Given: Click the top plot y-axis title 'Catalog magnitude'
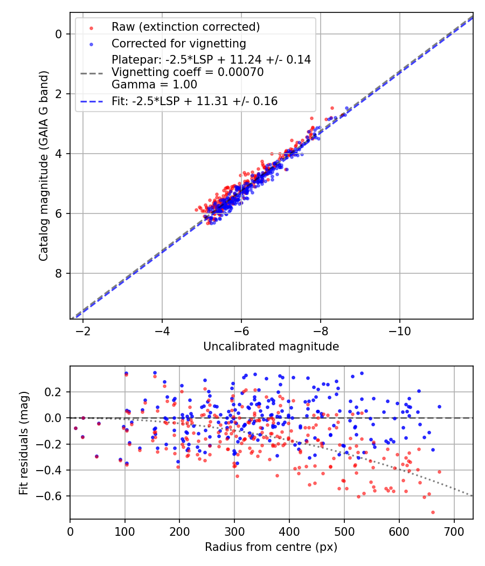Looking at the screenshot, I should click(x=44, y=165).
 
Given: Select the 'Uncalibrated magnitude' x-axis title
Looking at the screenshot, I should click(x=271, y=347).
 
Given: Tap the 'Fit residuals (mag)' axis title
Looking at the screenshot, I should click(x=23, y=443).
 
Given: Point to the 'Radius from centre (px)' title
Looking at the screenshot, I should click(x=271, y=547).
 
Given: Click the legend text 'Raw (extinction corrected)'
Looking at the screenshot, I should click(x=185, y=27).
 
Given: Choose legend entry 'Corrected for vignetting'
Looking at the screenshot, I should click(x=179, y=43).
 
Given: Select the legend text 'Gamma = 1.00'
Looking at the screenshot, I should click(x=154, y=85).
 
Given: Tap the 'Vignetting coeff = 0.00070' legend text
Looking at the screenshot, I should click(x=188, y=72).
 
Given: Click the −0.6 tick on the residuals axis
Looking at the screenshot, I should click(x=53, y=496).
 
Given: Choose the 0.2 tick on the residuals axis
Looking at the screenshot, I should click(x=56, y=392).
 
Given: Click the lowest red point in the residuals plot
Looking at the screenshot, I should click(x=433, y=512).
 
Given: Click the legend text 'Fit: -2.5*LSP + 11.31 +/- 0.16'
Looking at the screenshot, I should click(x=195, y=101).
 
